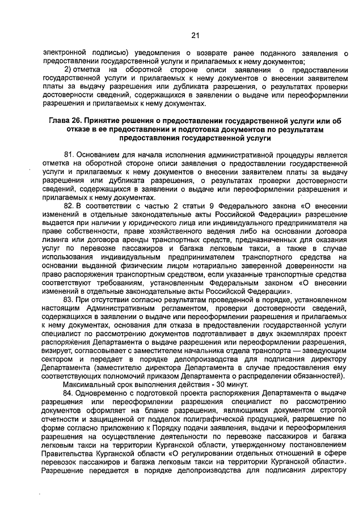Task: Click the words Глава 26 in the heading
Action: coord(67,121)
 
